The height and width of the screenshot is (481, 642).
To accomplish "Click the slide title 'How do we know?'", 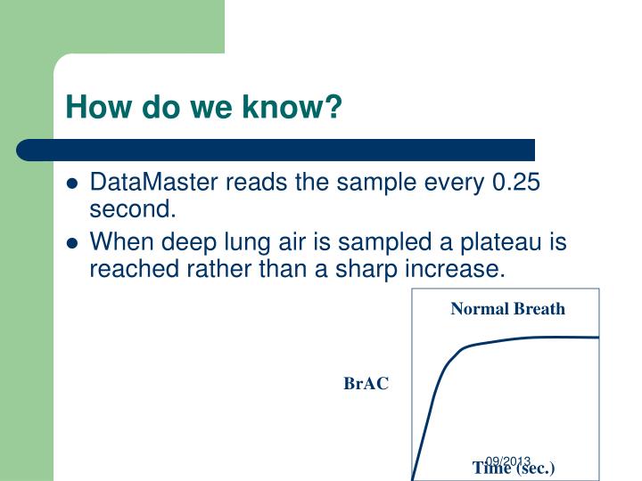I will [x=204, y=108].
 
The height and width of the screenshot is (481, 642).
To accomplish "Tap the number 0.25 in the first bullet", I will [x=516, y=183].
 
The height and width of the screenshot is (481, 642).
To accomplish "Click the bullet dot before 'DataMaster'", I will [x=72, y=185].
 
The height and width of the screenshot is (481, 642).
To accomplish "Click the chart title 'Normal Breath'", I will [x=507, y=309].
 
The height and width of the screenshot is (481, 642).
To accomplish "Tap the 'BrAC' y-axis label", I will [x=366, y=384].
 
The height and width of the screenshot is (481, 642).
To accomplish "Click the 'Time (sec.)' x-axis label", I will [x=514, y=469].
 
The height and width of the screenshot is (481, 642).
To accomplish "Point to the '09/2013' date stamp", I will [x=508, y=461].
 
